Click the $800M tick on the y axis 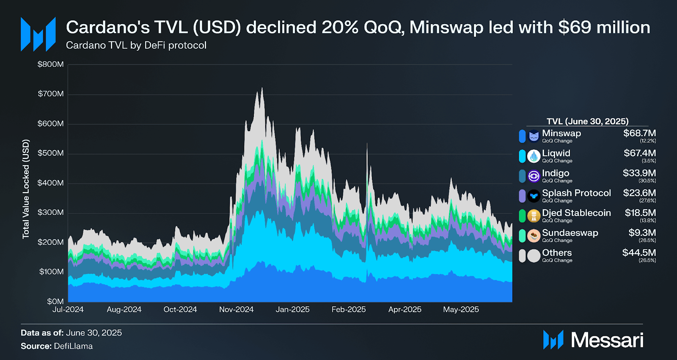coord(50,64)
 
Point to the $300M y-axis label coord(50,212)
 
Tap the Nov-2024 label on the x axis coord(236,310)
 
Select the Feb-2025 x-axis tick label coord(348,310)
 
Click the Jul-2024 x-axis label coord(68,310)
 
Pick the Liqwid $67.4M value coord(639,153)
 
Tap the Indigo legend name coord(555,173)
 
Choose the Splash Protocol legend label coord(576,193)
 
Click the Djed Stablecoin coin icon coord(534,216)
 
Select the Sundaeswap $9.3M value coord(642,233)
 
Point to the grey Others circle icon coord(534,256)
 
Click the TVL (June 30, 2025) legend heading coord(587,121)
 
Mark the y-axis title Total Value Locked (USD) coord(26,189)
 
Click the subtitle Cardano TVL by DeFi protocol coord(136,45)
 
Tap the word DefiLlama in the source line coord(73,346)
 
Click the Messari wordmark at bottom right coord(607,340)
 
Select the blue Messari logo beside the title coord(38,35)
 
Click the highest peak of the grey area coord(262,89)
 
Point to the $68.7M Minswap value coord(639,133)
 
